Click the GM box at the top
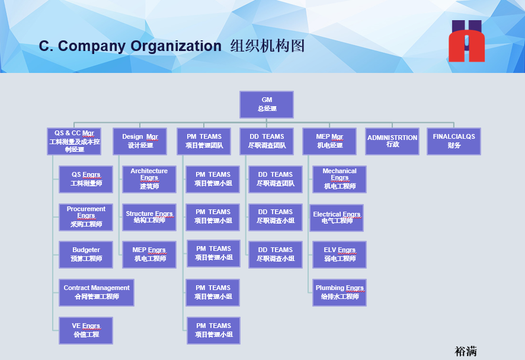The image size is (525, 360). click(x=266, y=104)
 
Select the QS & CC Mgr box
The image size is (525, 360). click(x=74, y=141)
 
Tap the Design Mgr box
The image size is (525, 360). click(x=140, y=141)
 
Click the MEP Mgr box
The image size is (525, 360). click(x=329, y=141)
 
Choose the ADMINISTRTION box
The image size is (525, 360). click(x=392, y=141)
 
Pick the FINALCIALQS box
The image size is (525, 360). click(x=454, y=141)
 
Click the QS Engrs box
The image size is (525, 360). click(x=86, y=179)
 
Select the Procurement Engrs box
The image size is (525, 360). click(x=86, y=217)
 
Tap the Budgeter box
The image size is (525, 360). click(x=86, y=254)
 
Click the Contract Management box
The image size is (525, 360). click(x=97, y=292)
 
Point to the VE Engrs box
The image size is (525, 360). click(x=86, y=330)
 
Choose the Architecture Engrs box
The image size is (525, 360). click(x=149, y=179)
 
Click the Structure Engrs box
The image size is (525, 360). click(x=149, y=217)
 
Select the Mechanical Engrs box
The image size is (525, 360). click(x=340, y=179)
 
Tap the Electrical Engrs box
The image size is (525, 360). click(x=337, y=218)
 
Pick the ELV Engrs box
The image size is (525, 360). click(x=340, y=254)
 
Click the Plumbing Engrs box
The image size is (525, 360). click(x=340, y=292)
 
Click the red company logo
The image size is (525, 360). click(x=466, y=42)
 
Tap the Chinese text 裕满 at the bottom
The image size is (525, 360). click(x=466, y=351)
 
